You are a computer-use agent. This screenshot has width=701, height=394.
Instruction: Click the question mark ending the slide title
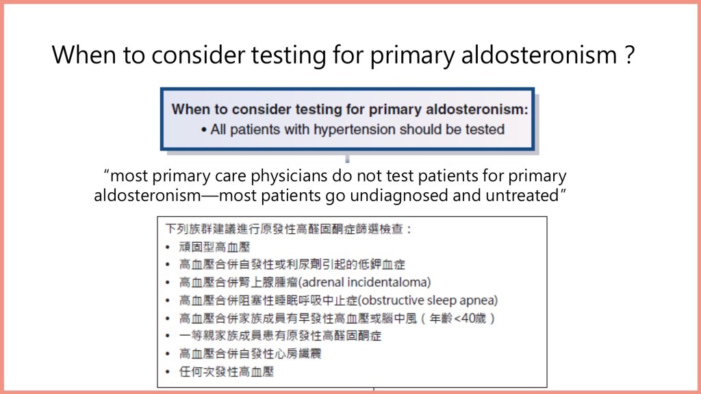630,55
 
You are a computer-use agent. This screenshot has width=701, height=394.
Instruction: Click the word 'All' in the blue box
218,129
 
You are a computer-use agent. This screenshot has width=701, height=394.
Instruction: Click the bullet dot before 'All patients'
204,131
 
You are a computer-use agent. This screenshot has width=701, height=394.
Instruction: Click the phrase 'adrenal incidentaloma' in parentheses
364,283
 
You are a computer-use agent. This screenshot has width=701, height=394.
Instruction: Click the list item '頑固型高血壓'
214,247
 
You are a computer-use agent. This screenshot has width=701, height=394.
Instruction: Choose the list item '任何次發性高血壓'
226,371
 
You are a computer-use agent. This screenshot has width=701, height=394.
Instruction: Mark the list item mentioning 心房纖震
251,354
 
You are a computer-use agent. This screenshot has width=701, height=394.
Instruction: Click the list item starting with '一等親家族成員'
280,336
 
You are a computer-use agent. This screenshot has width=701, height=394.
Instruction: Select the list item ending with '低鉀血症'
292,265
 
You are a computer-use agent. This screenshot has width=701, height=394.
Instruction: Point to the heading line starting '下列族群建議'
288,229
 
